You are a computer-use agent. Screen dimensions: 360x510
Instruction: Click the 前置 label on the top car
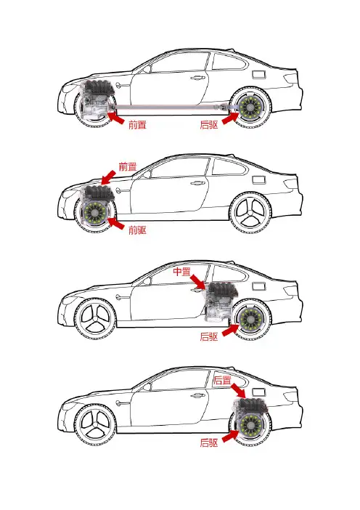[x=137, y=124]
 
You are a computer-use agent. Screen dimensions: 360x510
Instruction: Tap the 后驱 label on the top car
[x=209, y=124]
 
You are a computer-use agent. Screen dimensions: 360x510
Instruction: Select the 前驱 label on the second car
[x=137, y=230]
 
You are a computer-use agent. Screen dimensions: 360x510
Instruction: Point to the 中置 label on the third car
[x=181, y=272]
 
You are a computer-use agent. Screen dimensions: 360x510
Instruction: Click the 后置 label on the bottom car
[x=222, y=380]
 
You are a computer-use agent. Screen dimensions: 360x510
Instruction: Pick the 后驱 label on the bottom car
[x=209, y=442]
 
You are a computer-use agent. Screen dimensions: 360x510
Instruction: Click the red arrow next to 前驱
[x=115, y=223]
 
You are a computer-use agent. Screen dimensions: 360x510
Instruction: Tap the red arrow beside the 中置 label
[x=198, y=282]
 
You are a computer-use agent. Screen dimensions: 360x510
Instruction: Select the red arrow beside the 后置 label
[x=239, y=390]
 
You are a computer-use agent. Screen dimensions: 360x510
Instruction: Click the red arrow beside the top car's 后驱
[x=230, y=118]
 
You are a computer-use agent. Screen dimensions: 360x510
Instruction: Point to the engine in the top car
[x=97, y=100]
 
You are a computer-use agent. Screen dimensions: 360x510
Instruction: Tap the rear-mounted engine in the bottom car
[x=252, y=406]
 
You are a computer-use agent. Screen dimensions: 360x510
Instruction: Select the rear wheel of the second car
[x=250, y=213]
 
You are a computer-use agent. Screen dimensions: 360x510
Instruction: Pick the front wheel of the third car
[x=96, y=319]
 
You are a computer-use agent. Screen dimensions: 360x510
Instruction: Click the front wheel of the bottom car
[x=96, y=425]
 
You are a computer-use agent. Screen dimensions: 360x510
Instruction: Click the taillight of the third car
[x=290, y=290]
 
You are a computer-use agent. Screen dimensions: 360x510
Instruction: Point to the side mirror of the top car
[x=147, y=69]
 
